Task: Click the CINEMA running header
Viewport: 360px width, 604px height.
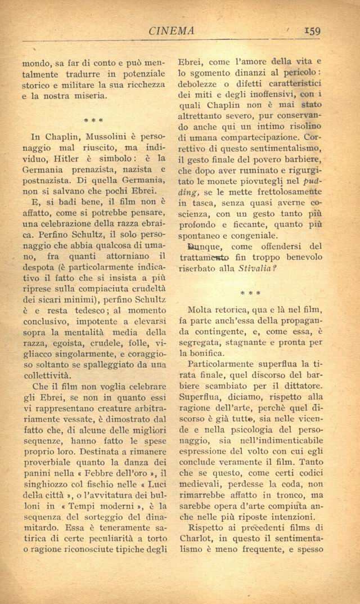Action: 171,32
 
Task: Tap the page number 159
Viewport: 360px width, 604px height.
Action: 309,31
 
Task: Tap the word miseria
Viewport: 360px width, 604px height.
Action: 89,96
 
